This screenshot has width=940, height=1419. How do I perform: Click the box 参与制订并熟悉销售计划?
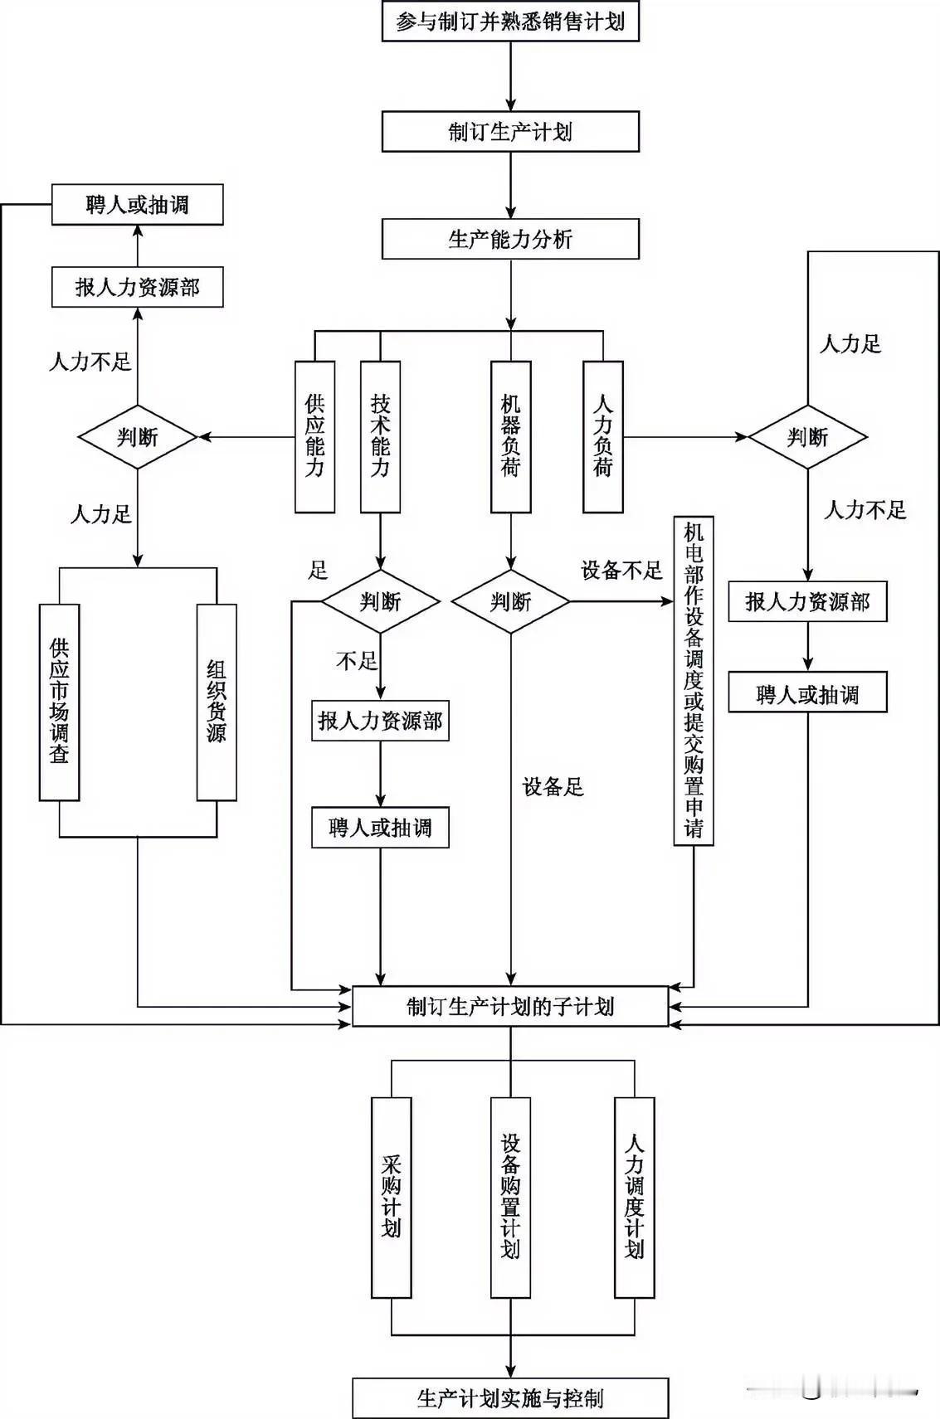point(510,22)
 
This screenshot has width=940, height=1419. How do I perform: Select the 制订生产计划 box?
point(510,131)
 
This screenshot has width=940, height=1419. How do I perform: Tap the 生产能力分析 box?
point(510,240)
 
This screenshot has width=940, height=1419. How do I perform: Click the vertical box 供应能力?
point(315,436)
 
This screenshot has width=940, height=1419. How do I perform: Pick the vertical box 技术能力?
point(380,436)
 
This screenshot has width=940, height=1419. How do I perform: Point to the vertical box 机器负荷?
point(510,436)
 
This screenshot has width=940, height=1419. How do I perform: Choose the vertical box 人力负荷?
point(603,436)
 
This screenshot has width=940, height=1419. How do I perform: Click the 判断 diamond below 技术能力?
point(380,601)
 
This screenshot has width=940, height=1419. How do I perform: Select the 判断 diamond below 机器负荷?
point(510,601)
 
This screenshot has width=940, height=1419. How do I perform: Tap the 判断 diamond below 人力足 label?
point(807,436)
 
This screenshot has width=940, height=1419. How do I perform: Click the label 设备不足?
point(621,570)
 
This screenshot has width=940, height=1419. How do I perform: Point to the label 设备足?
point(553,786)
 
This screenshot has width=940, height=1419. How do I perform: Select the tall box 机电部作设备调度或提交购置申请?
point(694,680)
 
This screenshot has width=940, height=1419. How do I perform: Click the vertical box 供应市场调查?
point(60,702)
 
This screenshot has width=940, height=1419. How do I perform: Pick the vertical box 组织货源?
point(217,702)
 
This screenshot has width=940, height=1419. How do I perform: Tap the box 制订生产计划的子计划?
point(510,1006)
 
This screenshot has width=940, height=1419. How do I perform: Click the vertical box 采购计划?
point(392,1197)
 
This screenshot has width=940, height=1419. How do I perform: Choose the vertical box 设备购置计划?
point(510,1197)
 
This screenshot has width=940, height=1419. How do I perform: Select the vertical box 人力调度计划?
point(634,1197)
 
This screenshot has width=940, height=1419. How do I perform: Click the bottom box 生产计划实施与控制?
point(510,1398)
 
